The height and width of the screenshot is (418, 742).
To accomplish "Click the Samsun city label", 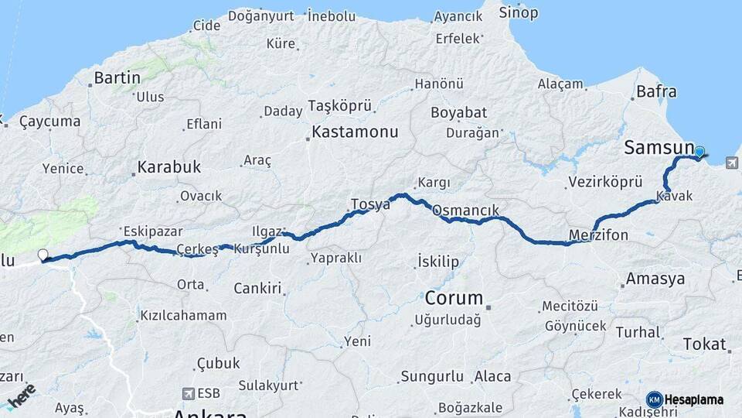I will (658, 147).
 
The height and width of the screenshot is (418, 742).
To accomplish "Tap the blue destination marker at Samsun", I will (699, 152).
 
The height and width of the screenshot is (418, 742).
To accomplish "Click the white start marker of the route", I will (43, 255).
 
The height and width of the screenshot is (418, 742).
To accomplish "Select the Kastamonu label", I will (356, 132).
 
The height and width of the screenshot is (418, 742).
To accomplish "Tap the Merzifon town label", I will (598, 234).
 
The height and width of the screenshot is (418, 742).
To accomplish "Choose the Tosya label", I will (370, 204).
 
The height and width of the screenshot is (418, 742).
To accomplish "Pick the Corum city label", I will (454, 297).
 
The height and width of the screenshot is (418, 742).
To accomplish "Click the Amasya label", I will (655, 279).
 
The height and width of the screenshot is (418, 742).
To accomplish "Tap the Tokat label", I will (704, 344).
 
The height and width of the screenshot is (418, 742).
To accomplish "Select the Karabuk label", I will (168, 166).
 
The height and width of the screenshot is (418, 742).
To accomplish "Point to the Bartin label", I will (117, 77).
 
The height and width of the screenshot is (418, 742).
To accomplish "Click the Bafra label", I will (656, 91).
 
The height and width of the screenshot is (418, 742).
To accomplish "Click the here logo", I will (21, 396).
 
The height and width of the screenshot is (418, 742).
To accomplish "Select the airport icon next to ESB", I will (188, 393).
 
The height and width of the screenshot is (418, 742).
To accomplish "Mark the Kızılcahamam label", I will (183, 315).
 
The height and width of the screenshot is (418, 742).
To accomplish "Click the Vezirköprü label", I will (605, 182).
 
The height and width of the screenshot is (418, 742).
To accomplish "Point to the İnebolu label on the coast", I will (332, 15).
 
